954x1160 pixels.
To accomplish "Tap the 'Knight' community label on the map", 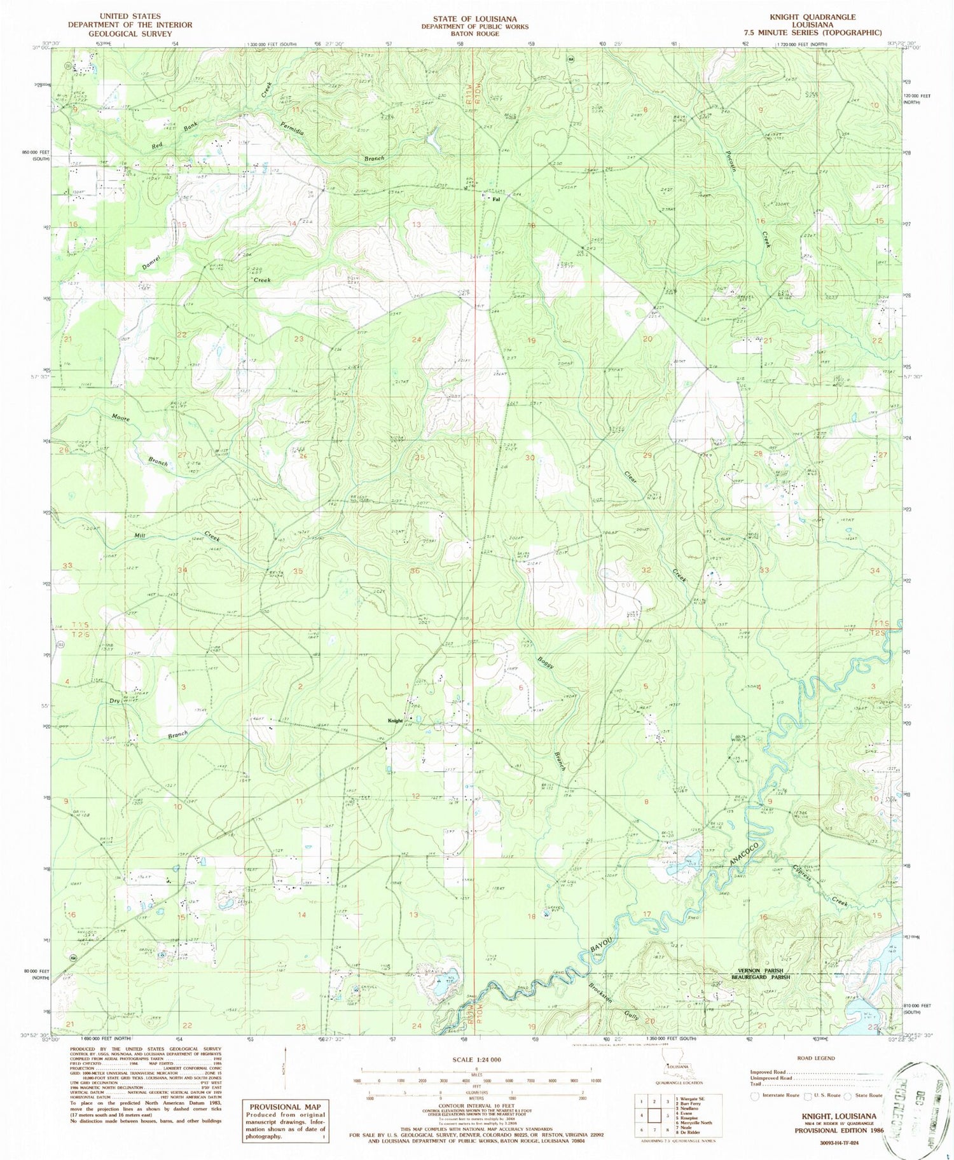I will click(396, 721).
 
